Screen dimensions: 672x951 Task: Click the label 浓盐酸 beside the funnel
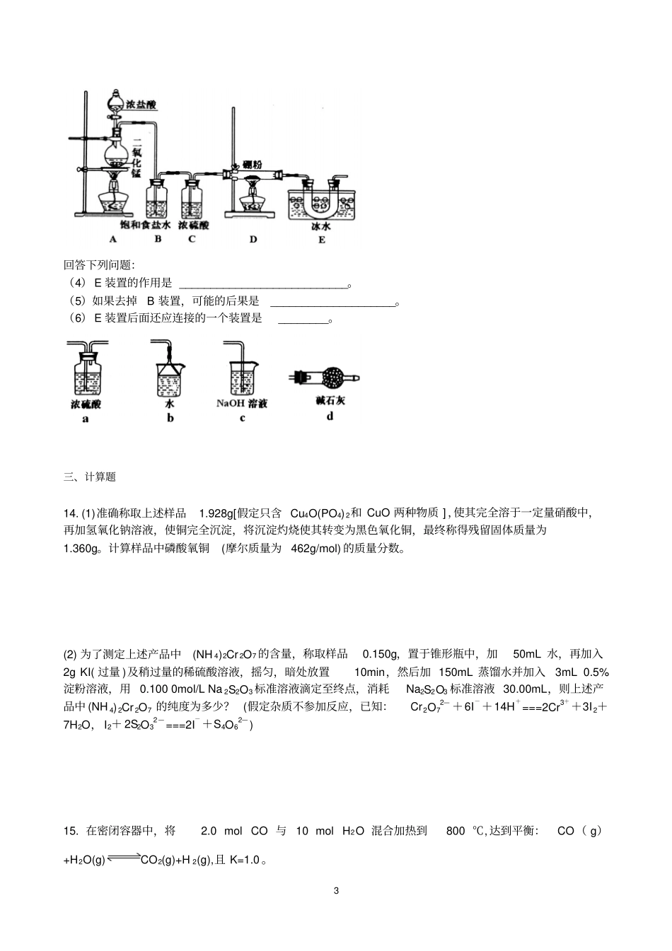[141, 105]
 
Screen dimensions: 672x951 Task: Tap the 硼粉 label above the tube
[251, 164]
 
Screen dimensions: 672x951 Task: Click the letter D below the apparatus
[253, 240]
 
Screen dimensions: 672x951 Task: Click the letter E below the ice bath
[321, 240]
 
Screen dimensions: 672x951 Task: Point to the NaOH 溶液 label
[242, 404]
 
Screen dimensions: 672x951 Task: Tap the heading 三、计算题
[89, 477]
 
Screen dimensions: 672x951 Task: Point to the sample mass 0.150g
[381, 654]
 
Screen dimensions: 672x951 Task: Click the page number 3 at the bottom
[336, 891]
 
